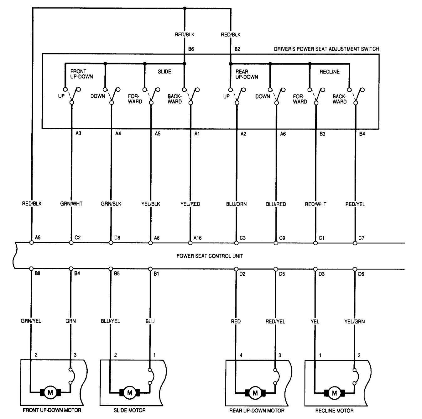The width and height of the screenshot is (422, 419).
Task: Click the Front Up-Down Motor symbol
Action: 50,392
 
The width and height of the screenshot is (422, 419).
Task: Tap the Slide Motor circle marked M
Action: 129,392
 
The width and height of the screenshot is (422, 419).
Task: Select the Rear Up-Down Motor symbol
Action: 255,392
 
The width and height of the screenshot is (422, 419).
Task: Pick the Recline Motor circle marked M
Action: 334,392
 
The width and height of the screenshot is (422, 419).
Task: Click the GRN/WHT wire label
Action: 71,204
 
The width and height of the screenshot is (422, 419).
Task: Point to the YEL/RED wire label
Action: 190,204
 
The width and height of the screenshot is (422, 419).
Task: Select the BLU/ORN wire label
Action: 236,204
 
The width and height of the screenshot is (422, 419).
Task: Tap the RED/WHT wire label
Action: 315,204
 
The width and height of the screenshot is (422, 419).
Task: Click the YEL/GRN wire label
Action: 354,321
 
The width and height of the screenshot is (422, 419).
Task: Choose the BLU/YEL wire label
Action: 110,321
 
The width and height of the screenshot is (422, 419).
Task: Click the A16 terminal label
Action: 197,238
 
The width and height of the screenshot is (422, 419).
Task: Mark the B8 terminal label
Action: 37,273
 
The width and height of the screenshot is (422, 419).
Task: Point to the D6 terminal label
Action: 361,274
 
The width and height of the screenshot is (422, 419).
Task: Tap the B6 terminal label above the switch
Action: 191,49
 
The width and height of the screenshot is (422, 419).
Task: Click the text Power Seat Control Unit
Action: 210,256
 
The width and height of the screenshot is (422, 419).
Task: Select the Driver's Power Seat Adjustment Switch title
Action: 326,49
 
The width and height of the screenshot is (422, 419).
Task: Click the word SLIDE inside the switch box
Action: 164,72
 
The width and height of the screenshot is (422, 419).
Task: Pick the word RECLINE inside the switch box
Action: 329,72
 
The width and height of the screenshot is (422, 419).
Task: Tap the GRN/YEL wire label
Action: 31,321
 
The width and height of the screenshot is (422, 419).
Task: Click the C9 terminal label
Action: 282,238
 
